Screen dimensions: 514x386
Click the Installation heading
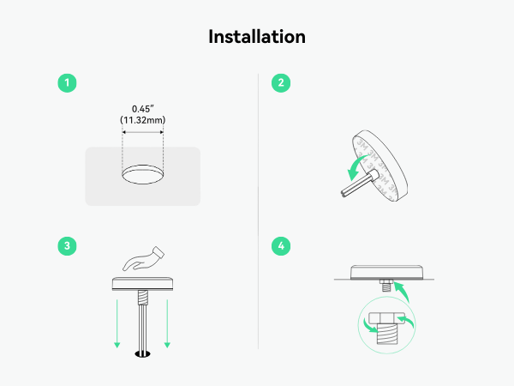(257, 36)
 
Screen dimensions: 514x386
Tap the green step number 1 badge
(67, 83)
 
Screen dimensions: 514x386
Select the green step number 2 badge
(281, 83)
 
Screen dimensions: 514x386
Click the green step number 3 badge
(67, 246)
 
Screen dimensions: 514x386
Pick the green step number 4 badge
(281, 246)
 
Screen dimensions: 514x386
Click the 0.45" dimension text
(142, 109)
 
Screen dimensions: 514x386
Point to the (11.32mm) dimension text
(142, 120)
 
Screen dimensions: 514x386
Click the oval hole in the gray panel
(142, 174)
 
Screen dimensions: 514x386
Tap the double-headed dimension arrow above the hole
(142, 132)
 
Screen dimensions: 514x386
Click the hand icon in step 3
(144, 259)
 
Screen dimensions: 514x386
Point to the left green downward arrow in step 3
(117, 323)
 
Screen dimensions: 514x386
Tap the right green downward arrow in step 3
(167, 323)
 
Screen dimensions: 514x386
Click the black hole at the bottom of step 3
(142, 353)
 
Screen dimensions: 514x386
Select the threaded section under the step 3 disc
(142, 298)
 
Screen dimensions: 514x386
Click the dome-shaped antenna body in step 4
(387, 273)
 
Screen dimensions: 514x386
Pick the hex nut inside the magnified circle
(386, 317)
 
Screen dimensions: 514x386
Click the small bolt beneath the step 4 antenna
(386, 286)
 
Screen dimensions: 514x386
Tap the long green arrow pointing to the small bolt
(403, 290)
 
